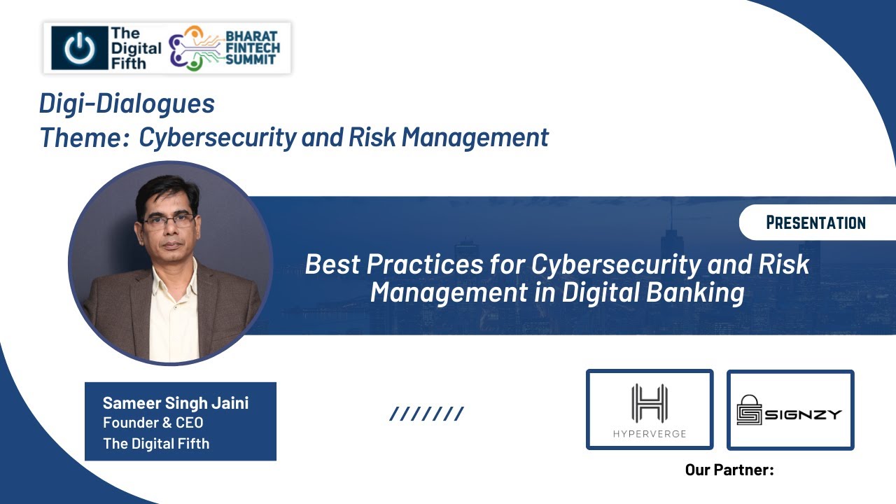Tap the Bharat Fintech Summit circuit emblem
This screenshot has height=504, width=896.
click(194, 48)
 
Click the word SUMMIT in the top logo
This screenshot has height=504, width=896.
click(249, 60)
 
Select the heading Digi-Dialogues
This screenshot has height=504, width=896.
click(127, 104)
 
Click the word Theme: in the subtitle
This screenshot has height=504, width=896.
click(84, 137)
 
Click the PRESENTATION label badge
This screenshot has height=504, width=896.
click(815, 223)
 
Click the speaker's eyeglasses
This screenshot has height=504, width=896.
click(169, 221)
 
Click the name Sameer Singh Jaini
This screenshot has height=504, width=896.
click(176, 403)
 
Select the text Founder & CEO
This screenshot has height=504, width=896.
click(153, 423)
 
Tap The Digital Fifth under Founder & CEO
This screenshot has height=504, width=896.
click(156, 443)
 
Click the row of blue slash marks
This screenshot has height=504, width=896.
click(426, 414)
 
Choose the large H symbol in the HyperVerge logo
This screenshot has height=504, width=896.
click(649, 402)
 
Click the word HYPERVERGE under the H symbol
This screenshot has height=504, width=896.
click(649, 433)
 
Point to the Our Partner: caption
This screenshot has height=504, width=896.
click(729, 470)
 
